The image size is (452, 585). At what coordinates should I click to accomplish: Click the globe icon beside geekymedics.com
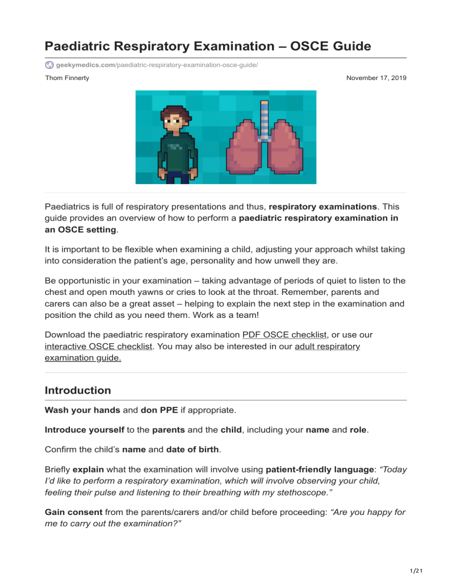49,64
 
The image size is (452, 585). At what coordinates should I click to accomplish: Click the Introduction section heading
78,390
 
